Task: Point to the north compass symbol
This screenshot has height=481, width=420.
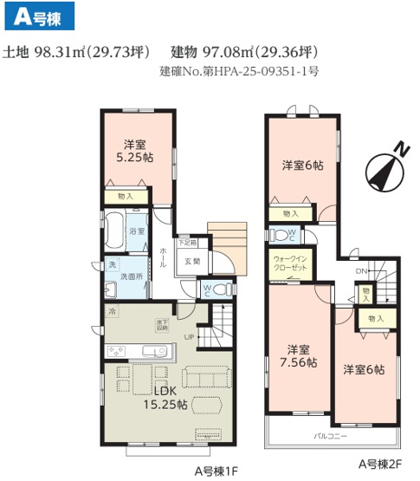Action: [385, 165]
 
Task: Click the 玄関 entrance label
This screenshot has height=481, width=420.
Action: [191, 260]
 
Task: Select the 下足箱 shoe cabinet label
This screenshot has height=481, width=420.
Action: [187, 243]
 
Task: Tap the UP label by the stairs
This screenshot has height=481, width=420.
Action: [189, 337]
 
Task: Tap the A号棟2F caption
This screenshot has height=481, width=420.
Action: [380, 465]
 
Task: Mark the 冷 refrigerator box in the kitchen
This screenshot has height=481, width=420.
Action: [111, 309]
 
